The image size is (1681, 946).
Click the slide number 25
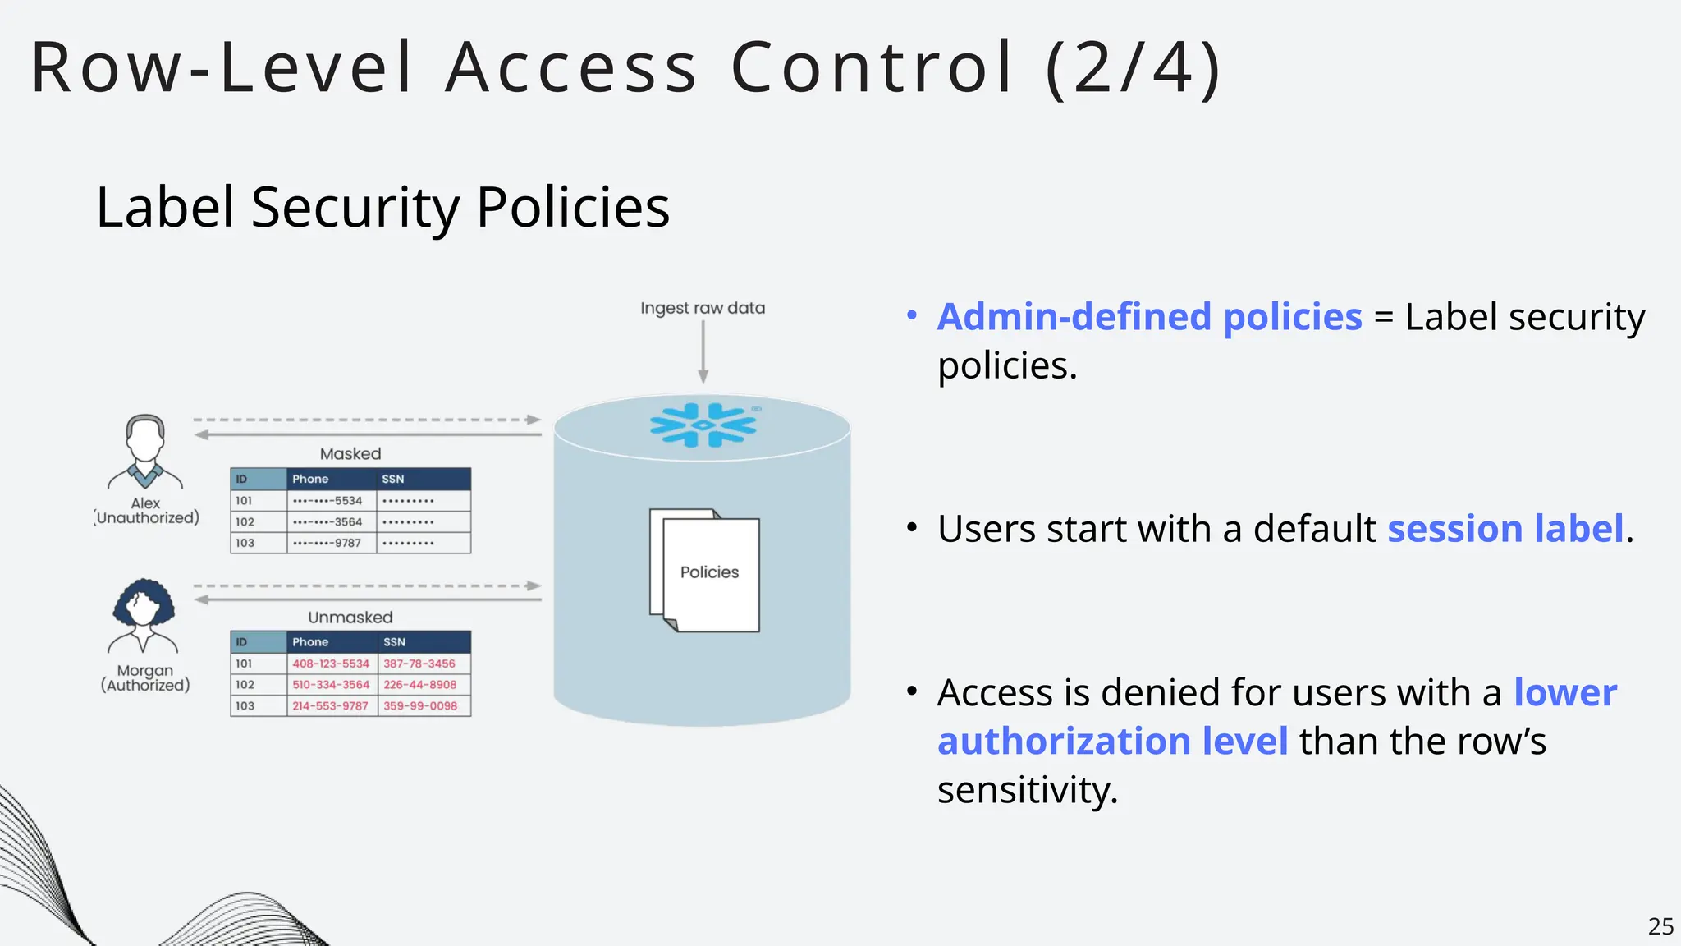(1660, 926)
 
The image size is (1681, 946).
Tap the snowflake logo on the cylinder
(703, 425)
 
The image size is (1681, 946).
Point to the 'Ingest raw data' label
(703, 308)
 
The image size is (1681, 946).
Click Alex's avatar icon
(145, 452)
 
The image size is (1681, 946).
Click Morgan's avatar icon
(144, 616)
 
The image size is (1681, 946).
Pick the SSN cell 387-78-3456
(419, 664)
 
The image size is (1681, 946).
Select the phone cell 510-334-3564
(331, 685)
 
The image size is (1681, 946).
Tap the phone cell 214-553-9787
(331, 706)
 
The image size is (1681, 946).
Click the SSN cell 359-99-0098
(420, 706)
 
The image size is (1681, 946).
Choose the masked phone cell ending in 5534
(328, 501)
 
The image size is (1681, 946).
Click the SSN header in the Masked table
(393, 479)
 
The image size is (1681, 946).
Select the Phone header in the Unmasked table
(310, 642)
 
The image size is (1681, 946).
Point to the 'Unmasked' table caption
(350, 618)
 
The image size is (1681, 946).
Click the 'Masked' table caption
(350, 454)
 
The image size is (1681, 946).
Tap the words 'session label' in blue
(1505, 529)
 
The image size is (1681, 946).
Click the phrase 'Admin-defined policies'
(1149, 317)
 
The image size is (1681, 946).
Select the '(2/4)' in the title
(1134, 67)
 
